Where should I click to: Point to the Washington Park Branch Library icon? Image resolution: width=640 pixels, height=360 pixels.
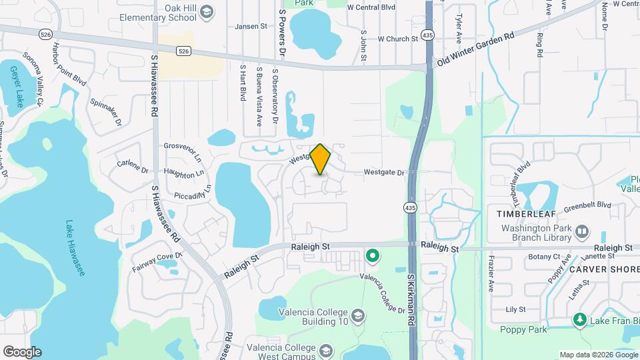tap(582, 231)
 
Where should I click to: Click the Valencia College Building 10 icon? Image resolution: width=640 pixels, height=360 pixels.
tap(358, 315)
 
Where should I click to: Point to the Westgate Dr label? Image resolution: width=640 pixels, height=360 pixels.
tap(384, 173)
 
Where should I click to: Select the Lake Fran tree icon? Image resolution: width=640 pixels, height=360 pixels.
tap(580, 321)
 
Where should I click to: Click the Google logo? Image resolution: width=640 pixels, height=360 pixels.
tap(21, 352)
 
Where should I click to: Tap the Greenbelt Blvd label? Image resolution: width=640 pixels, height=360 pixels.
tap(587, 205)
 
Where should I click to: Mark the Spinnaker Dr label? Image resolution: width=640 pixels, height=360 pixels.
tap(105, 114)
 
